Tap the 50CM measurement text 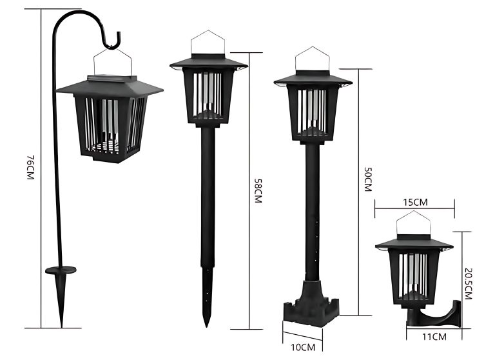coord(368,179)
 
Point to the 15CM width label coord(415,202)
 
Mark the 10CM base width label coord(302,347)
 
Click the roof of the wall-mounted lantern coord(414,242)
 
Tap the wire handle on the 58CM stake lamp coord(208,43)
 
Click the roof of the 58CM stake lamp coord(208,62)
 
